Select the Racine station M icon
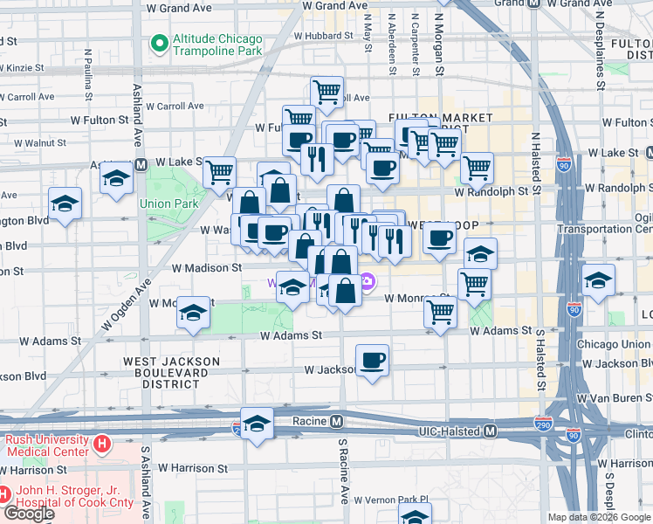336,422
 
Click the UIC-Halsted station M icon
491,431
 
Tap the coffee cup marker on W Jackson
373,360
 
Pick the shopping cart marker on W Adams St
440,312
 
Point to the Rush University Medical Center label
45,445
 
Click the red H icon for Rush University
102,445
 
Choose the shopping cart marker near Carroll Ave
326,90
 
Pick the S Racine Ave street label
343,476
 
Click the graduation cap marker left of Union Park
65,203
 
